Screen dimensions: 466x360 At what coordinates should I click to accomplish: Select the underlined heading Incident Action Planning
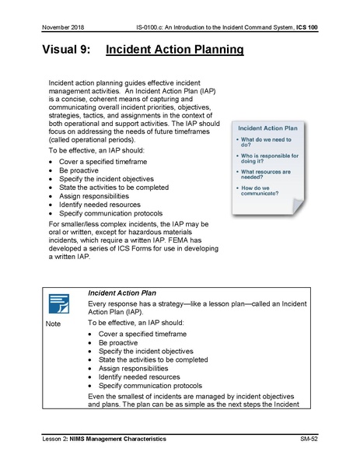pos(174,51)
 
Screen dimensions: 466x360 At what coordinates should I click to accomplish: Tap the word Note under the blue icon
pos(53,323)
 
